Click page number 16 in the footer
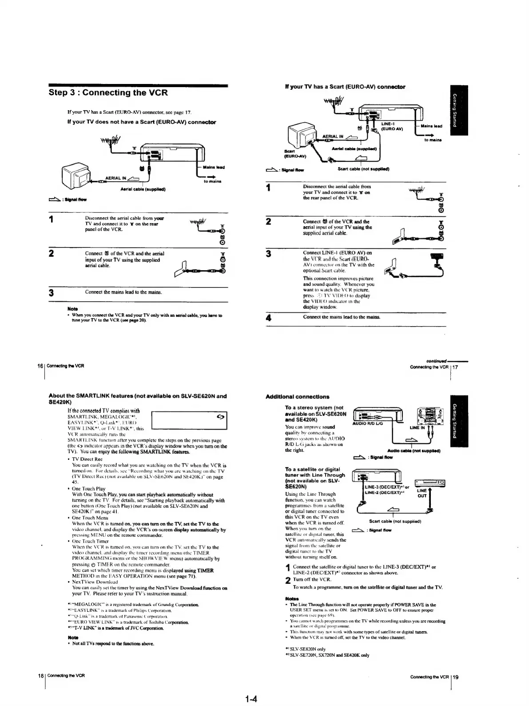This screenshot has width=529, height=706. tap(40, 366)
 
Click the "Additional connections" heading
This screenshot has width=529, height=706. tap(297, 396)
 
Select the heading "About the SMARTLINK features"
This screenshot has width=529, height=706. tap(137, 398)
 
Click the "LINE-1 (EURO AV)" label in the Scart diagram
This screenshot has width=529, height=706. tap(391, 126)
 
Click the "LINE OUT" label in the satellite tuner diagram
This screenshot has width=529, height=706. tap(422, 493)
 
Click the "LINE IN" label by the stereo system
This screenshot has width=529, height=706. tap(417, 427)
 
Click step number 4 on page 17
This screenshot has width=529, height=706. tap(268, 318)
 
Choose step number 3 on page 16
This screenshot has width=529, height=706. tap(52, 293)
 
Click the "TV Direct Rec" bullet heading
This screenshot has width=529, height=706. tap(87, 459)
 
